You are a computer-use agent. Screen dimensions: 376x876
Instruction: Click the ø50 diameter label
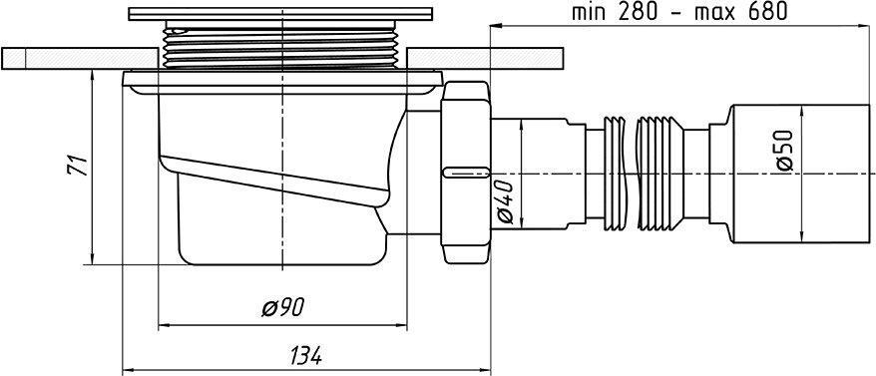(x=784, y=151)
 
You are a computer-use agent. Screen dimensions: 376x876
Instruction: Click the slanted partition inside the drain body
(x=269, y=175)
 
